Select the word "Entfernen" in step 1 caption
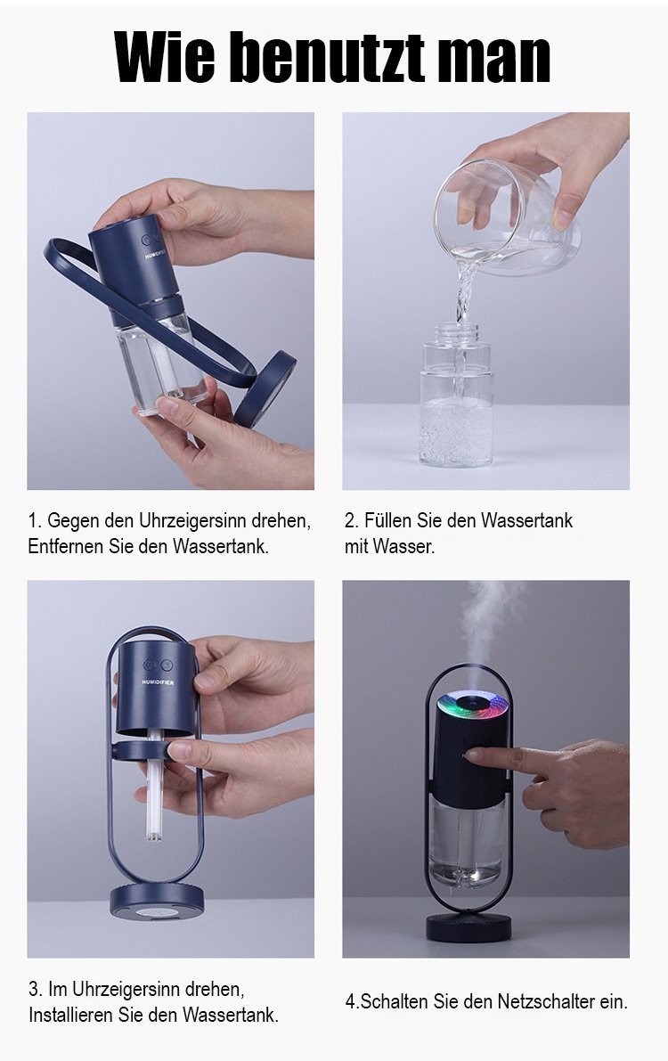(66, 546)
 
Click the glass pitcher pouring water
(506, 218)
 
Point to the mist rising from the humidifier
(486, 623)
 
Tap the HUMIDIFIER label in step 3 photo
(158, 682)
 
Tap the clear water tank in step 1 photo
(161, 363)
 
